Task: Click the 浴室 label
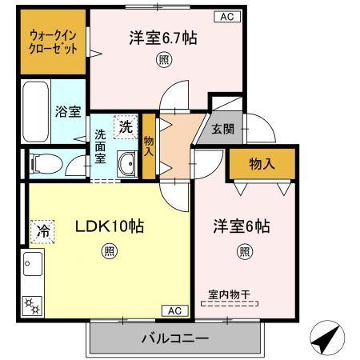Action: [x=67, y=111]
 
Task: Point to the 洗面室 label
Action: [x=101, y=146]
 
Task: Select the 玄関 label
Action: [x=222, y=127]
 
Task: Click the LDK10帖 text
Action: [x=109, y=227]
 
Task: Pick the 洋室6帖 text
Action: [x=242, y=226]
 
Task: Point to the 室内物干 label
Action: [x=230, y=294]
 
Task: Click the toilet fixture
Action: [x=44, y=164]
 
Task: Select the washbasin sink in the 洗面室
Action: [x=126, y=166]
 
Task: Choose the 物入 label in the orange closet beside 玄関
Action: [x=262, y=164]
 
